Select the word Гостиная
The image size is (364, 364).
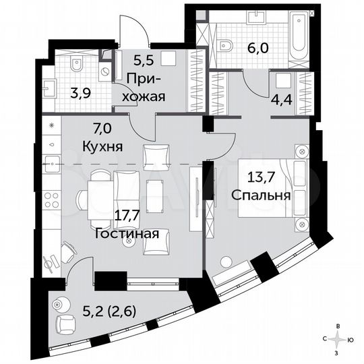click(127, 234)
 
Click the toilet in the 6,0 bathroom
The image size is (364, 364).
click(226, 45)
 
